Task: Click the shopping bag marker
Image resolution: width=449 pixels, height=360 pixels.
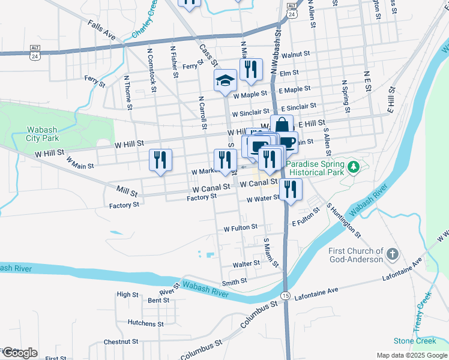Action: point(281,126)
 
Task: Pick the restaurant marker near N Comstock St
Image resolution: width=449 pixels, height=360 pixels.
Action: point(160,160)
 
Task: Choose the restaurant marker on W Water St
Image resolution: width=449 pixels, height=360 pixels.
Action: point(291,190)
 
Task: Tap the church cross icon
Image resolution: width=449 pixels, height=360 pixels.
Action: point(392,254)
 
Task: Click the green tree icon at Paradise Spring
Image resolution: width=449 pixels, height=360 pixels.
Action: point(354,166)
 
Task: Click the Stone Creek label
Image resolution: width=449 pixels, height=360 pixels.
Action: point(415,341)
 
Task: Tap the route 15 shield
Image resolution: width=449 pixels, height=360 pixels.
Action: point(285,296)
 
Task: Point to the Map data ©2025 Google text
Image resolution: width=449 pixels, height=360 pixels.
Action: point(412,355)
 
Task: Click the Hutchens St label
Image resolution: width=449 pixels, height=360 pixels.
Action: point(142,323)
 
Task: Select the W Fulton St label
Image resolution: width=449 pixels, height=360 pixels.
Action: point(240,228)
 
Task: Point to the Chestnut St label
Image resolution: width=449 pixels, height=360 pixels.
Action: point(121,341)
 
